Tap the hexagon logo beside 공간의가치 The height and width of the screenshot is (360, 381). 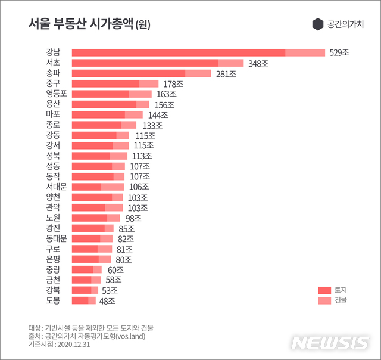point(317,24)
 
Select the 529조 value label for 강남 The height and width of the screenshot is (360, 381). point(339,53)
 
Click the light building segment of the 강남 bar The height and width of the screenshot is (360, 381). point(305,53)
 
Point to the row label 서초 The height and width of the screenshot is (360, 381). point(52,63)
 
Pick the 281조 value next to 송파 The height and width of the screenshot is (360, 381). point(226,74)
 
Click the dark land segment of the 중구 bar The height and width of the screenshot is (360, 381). point(105,84)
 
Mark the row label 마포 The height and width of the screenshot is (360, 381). point(52,114)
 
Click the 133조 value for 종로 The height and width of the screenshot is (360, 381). point(152,125)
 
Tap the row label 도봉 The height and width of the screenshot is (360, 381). point(52,300)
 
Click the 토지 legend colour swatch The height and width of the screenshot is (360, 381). point(324,290)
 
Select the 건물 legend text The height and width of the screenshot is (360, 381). point(341,300)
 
